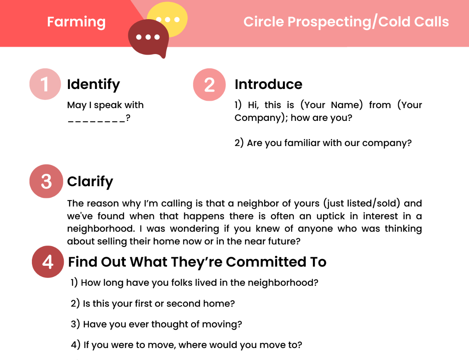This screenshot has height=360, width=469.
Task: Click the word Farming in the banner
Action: (x=77, y=22)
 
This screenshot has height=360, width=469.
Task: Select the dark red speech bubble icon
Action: (x=149, y=38)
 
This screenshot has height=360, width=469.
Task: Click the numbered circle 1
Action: (x=45, y=84)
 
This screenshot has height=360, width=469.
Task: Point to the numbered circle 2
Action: (x=209, y=85)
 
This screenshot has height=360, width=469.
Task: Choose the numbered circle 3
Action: (x=46, y=181)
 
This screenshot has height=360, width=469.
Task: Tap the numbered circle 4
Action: (x=48, y=262)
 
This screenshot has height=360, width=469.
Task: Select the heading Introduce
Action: (x=269, y=84)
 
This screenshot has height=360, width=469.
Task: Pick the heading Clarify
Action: (x=90, y=182)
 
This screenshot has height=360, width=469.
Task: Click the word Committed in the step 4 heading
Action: (x=266, y=262)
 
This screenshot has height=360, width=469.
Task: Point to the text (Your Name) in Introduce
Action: (x=332, y=105)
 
